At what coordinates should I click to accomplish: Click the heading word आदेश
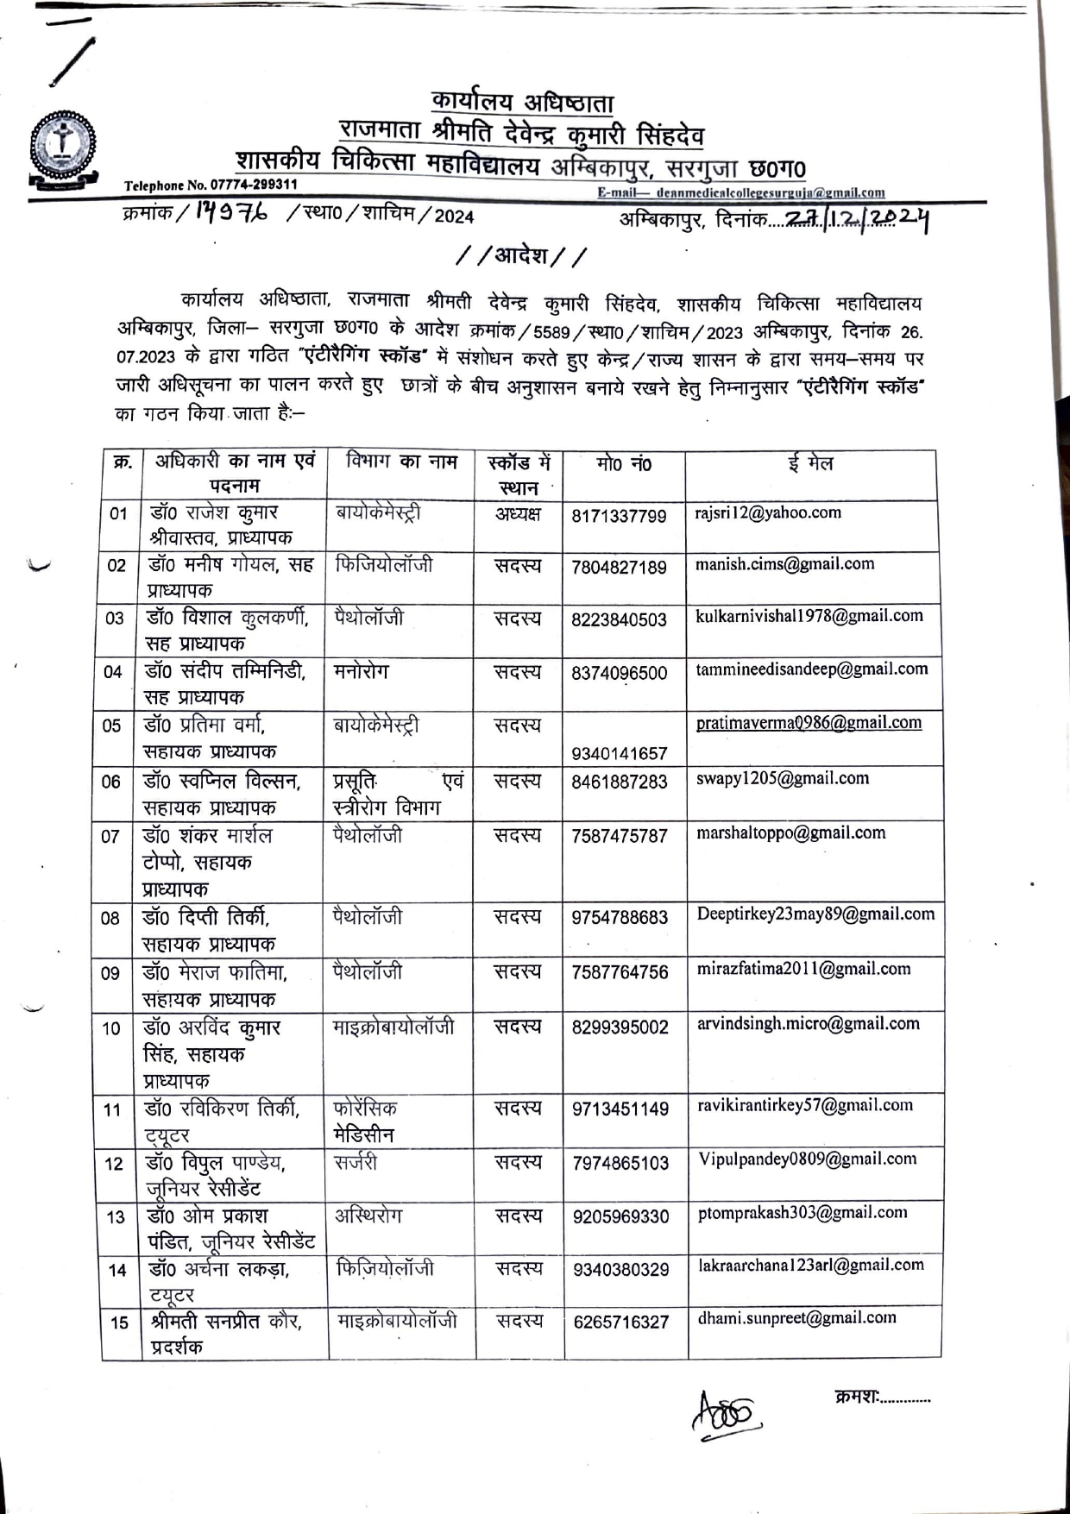pyautogui.click(x=521, y=256)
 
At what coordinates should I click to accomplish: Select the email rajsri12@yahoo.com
pyautogui.click(x=767, y=512)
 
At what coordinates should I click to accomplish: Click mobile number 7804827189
pyautogui.click(x=619, y=568)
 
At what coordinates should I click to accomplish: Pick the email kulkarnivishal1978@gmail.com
pyautogui.click(x=809, y=616)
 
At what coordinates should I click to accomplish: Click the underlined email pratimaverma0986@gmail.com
pyautogui.click(x=809, y=723)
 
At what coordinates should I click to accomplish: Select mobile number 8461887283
pyautogui.click(x=619, y=782)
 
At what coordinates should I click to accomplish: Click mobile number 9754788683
pyautogui.click(x=620, y=918)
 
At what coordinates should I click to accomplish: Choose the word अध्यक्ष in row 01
pyautogui.click(x=518, y=514)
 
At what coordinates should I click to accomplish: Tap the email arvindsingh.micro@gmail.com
pyautogui.click(x=809, y=1024)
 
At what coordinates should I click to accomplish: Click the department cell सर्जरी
pyautogui.click(x=356, y=1162)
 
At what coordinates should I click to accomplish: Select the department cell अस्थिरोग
pyautogui.click(x=368, y=1216)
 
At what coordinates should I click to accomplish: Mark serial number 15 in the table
pyautogui.click(x=119, y=1322)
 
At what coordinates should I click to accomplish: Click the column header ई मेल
pyautogui.click(x=810, y=464)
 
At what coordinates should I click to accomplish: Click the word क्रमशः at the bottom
pyautogui.click(x=856, y=1396)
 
